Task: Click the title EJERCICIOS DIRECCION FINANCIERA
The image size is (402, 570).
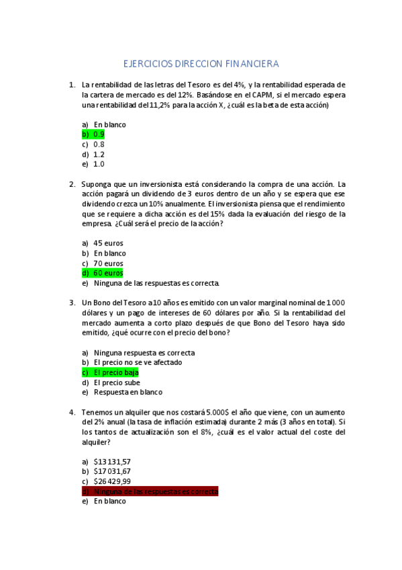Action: click(201, 64)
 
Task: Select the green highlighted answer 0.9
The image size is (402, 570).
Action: click(98, 134)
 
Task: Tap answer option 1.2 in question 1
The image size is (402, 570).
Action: click(99, 154)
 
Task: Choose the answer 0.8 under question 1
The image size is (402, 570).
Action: click(99, 144)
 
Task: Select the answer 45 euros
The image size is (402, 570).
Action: click(109, 243)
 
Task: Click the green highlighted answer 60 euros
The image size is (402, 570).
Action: click(108, 274)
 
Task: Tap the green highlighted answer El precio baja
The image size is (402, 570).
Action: click(115, 372)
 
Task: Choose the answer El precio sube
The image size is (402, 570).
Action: click(117, 382)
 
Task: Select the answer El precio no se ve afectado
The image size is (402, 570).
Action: click(137, 362)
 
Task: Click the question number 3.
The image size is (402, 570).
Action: click(72, 302)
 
